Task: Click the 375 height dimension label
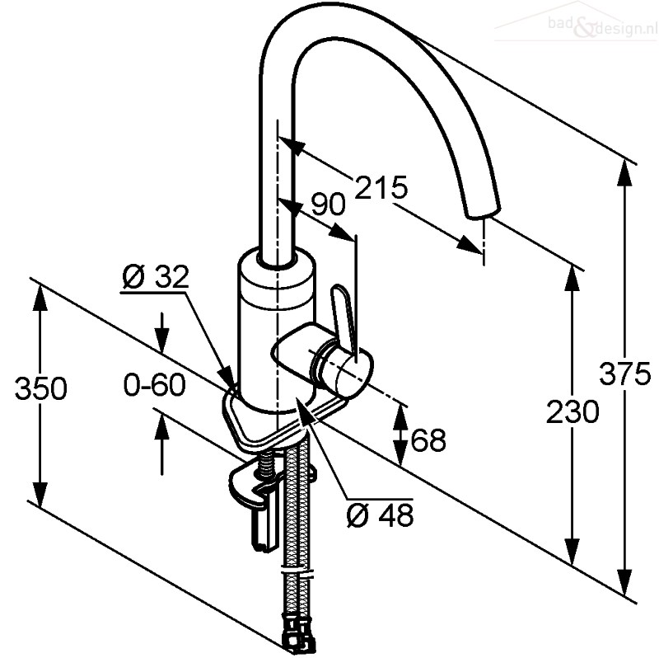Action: (x=624, y=374)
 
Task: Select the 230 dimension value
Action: (x=573, y=411)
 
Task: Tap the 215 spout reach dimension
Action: (x=381, y=187)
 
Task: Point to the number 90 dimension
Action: (x=328, y=204)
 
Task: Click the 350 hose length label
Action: (x=40, y=388)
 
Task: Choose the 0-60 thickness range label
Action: (x=154, y=384)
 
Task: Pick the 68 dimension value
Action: (x=428, y=440)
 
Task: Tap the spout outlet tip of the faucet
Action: (x=484, y=212)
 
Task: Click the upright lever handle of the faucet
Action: (x=344, y=318)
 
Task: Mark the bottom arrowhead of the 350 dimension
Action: (x=40, y=495)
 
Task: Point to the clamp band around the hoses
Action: (x=298, y=575)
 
